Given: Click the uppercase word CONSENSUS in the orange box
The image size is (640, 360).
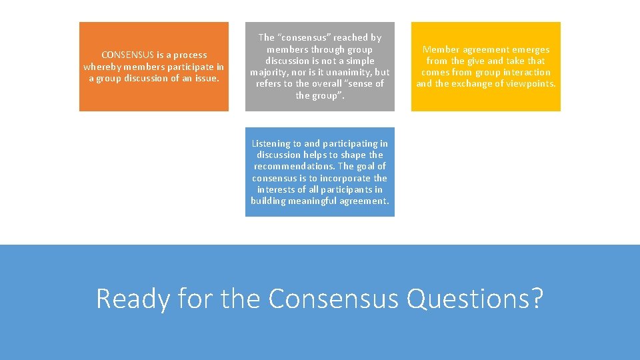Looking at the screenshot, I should (x=127, y=55).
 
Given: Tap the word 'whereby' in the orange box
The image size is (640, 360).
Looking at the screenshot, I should (x=101, y=67).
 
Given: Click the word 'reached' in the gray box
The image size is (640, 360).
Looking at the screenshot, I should (x=346, y=38).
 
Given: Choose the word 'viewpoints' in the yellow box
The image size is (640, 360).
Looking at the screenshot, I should (x=530, y=83).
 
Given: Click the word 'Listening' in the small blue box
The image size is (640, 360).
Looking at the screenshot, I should (x=271, y=143).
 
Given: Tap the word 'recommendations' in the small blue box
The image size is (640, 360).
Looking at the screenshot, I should (x=294, y=166).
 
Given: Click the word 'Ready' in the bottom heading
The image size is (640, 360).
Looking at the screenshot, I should (x=133, y=299).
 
